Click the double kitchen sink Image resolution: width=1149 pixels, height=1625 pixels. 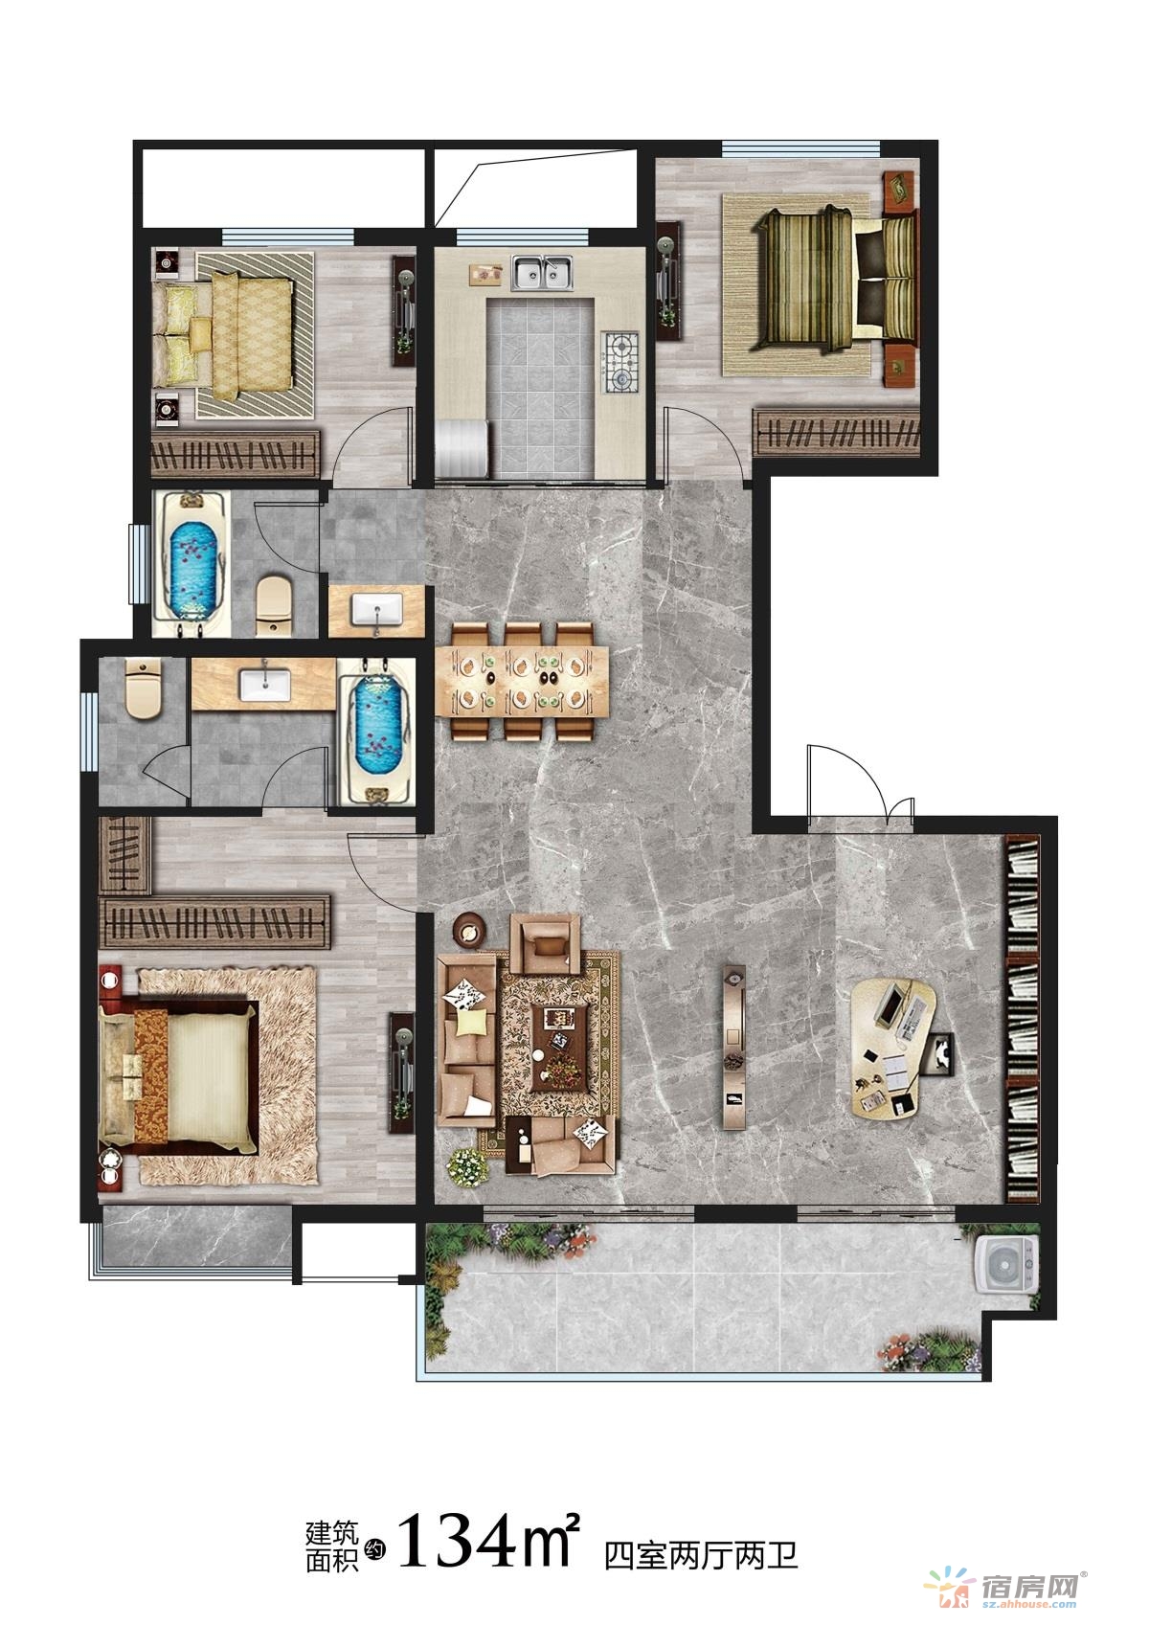point(543,272)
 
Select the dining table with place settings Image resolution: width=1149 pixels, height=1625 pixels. point(522,681)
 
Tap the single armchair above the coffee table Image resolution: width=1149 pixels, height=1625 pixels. point(546,943)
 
